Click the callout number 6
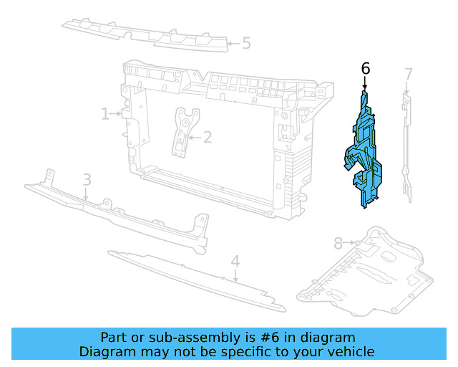[x=366, y=69]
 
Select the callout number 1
[x=104, y=113]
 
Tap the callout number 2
[x=208, y=137]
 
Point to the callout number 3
[x=86, y=179]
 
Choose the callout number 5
[x=246, y=44]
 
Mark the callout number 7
[x=408, y=74]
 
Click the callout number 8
[x=338, y=244]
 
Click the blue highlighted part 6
[x=367, y=154]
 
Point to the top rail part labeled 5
[x=143, y=32]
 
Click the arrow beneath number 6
[x=366, y=84]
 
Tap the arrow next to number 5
[x=232, y=44]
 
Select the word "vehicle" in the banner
[x=349, y=351]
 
